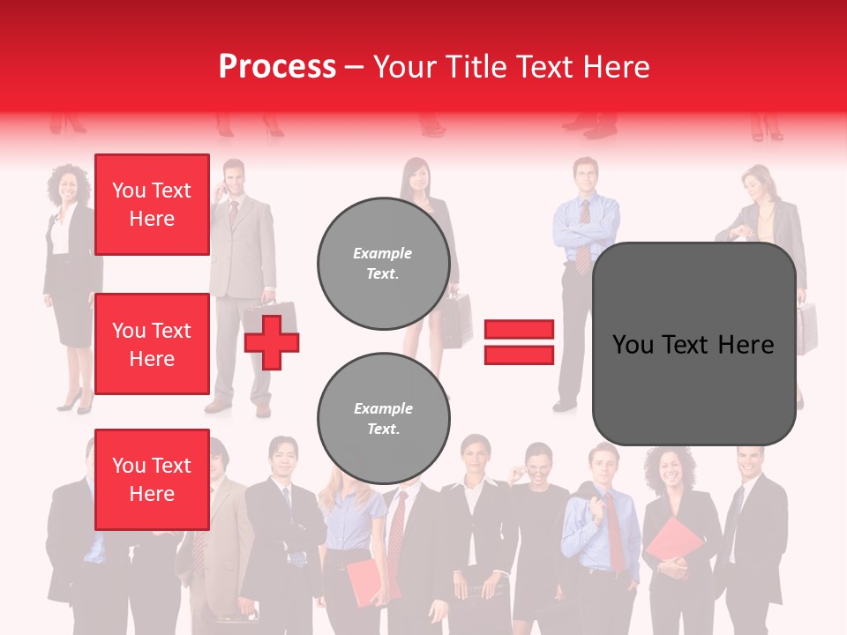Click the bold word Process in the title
(277, 66)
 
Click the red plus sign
(272, 342)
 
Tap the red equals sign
(519, 342)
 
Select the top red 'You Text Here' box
(152, 205)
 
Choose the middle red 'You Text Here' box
(152, 344)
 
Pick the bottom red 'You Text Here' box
(152, 479)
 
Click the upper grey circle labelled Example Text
(383, 263)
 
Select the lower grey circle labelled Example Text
(383, 418)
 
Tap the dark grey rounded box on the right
(693, 344)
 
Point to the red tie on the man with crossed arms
(583, 234)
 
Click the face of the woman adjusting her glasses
(537, 463)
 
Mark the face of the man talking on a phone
(234, 179)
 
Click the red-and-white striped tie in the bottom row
(397, 529)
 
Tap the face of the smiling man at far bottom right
(748, 463)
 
